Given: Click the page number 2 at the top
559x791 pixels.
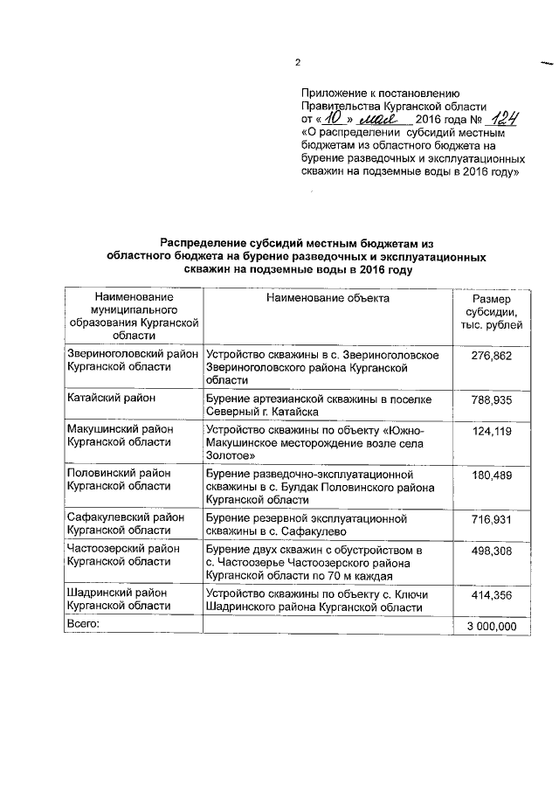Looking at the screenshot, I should [x=297, y=62].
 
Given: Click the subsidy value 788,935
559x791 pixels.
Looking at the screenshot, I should [x=492, y=399].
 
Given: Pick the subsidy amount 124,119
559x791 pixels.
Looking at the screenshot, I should [x=492, y=432].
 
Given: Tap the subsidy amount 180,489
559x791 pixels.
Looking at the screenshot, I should [x=492, y=475].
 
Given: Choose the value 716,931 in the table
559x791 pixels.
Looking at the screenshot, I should [x=492, y=519].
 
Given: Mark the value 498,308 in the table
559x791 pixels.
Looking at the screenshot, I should [x=492, y=552].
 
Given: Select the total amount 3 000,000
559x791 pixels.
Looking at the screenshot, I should [x=491, y=626].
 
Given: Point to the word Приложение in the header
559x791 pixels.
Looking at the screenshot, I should [x=335, y=92].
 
